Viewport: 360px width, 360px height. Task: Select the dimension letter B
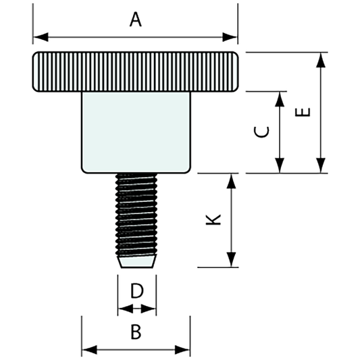(136, 332)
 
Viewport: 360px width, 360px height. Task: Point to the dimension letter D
(136, 291)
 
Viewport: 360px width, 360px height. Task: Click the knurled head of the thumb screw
(135, 72)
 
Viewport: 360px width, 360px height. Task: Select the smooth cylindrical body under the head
(136, 132)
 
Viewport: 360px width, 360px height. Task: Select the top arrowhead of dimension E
(322, 59)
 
